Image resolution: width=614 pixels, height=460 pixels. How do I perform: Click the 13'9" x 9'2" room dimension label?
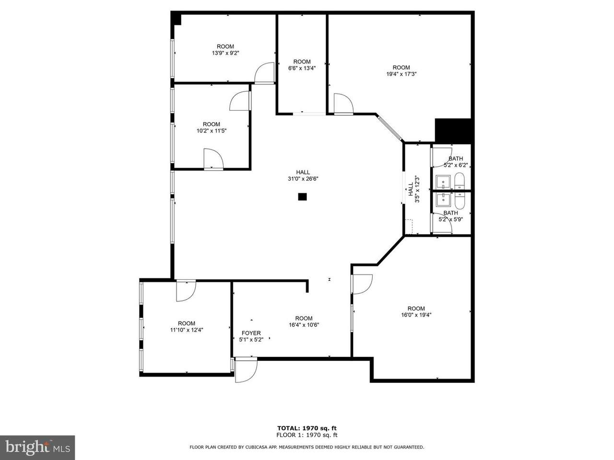[225, 53]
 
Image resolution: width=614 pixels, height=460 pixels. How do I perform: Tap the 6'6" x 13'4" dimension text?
[302, 68]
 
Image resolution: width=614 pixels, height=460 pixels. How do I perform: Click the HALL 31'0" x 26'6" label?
[303, 175]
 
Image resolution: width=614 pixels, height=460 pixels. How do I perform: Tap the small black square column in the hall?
[302, 196]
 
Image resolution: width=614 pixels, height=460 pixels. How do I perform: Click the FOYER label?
[251, 333]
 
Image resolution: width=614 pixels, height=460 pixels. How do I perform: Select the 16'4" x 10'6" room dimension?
[304, 325]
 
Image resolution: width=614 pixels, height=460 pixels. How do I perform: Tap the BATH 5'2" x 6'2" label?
[456, 161]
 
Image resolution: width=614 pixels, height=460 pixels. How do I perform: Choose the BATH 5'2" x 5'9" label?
[450, 216]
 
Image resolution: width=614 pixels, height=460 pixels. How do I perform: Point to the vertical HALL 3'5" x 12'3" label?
[413, 189]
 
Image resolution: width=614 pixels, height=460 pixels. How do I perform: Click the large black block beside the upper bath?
[453, 131]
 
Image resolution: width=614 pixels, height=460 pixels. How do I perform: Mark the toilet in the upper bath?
[459, 181]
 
